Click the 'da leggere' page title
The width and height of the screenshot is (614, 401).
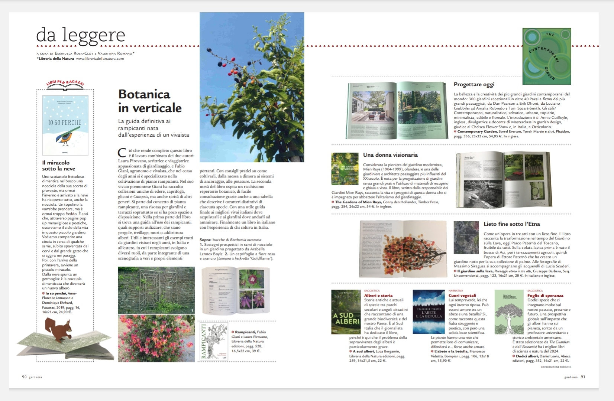(81, 35)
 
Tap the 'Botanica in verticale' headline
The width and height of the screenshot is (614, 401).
(150, 101)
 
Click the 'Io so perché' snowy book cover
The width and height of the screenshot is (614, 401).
(65, 125)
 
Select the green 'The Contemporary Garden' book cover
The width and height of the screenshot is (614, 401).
(546, 56)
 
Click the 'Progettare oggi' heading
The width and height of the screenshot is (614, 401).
(474, 84)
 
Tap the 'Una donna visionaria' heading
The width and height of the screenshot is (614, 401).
(390, 155)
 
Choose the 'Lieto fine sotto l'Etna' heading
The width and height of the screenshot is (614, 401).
(511, 224)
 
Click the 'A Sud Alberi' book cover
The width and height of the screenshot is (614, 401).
(346, 312)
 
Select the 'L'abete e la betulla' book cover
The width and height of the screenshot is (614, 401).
(429, 312)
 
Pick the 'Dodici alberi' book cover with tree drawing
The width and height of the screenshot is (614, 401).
(509, 312)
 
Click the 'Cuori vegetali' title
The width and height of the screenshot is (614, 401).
(462, 296)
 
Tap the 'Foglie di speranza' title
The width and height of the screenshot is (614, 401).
(545, 296)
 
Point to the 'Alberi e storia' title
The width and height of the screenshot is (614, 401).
(378, 296)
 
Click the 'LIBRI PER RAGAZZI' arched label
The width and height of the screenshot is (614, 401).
(65, 83)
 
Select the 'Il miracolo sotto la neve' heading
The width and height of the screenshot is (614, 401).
(58, 166)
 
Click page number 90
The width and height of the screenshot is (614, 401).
(25, 377)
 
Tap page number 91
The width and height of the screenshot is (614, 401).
(583, 377)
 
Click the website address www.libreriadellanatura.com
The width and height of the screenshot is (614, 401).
(100, 59)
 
